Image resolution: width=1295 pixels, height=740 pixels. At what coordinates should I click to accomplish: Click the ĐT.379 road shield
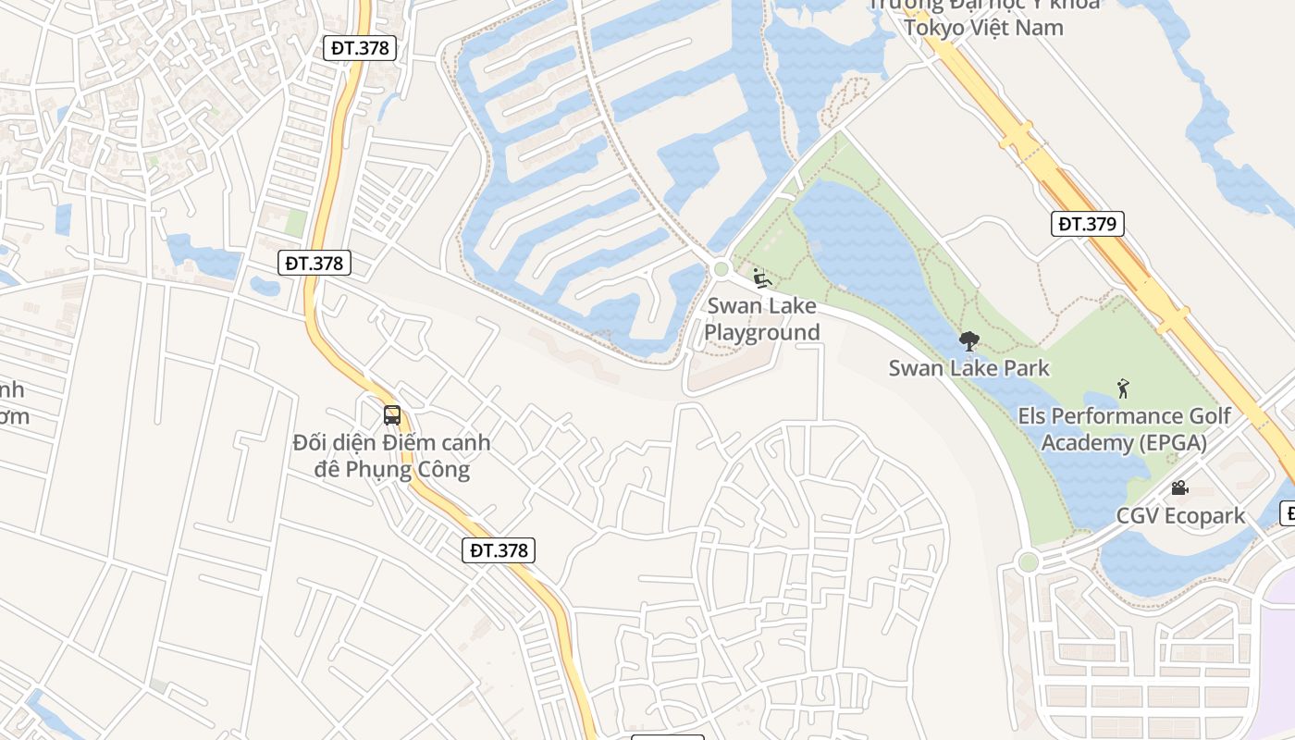pos(1088,224)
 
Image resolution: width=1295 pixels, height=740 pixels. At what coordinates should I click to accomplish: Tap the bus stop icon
pos(392,414)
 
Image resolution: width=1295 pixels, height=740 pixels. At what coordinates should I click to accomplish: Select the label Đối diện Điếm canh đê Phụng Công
pos(391,456)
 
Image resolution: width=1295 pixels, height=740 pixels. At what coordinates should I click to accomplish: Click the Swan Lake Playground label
pos(762,319)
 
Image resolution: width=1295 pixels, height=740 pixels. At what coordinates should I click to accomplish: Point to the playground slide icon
pos(762,277)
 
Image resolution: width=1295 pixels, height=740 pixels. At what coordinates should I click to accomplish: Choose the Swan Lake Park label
pos(968,368)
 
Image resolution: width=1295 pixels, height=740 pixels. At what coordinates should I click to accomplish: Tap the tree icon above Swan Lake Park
pos(968,341)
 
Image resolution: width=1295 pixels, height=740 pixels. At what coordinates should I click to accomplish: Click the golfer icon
pos(1124,388)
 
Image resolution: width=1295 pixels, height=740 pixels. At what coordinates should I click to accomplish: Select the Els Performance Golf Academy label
pos(1124,429)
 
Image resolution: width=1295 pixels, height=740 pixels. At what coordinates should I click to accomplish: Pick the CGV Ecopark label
pos(1180,516)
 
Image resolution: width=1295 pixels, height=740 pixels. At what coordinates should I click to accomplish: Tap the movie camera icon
pos(1179,487)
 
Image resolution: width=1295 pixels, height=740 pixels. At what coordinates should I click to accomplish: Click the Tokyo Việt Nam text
pos(983,27)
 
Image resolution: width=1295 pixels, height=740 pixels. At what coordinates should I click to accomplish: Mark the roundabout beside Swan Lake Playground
pos(721,269)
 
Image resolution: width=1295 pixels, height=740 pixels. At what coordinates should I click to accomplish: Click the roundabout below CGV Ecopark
pos(1028,561)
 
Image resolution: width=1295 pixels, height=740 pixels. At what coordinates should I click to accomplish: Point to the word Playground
pos(762,333)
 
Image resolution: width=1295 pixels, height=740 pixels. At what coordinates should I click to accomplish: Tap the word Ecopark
pos(1205,516)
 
